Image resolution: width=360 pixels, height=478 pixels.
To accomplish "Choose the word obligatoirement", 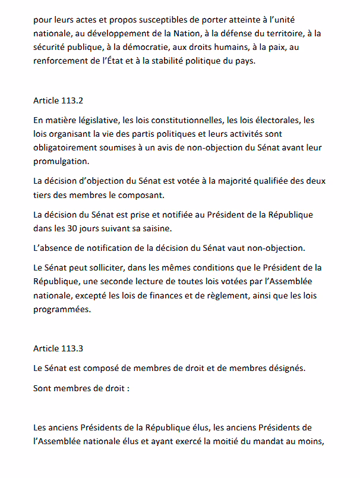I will (x=69, y=147).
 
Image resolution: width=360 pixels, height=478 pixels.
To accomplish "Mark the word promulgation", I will (x=62, y=161).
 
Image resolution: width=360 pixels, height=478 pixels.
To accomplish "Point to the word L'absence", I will (x=54, y=247).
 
